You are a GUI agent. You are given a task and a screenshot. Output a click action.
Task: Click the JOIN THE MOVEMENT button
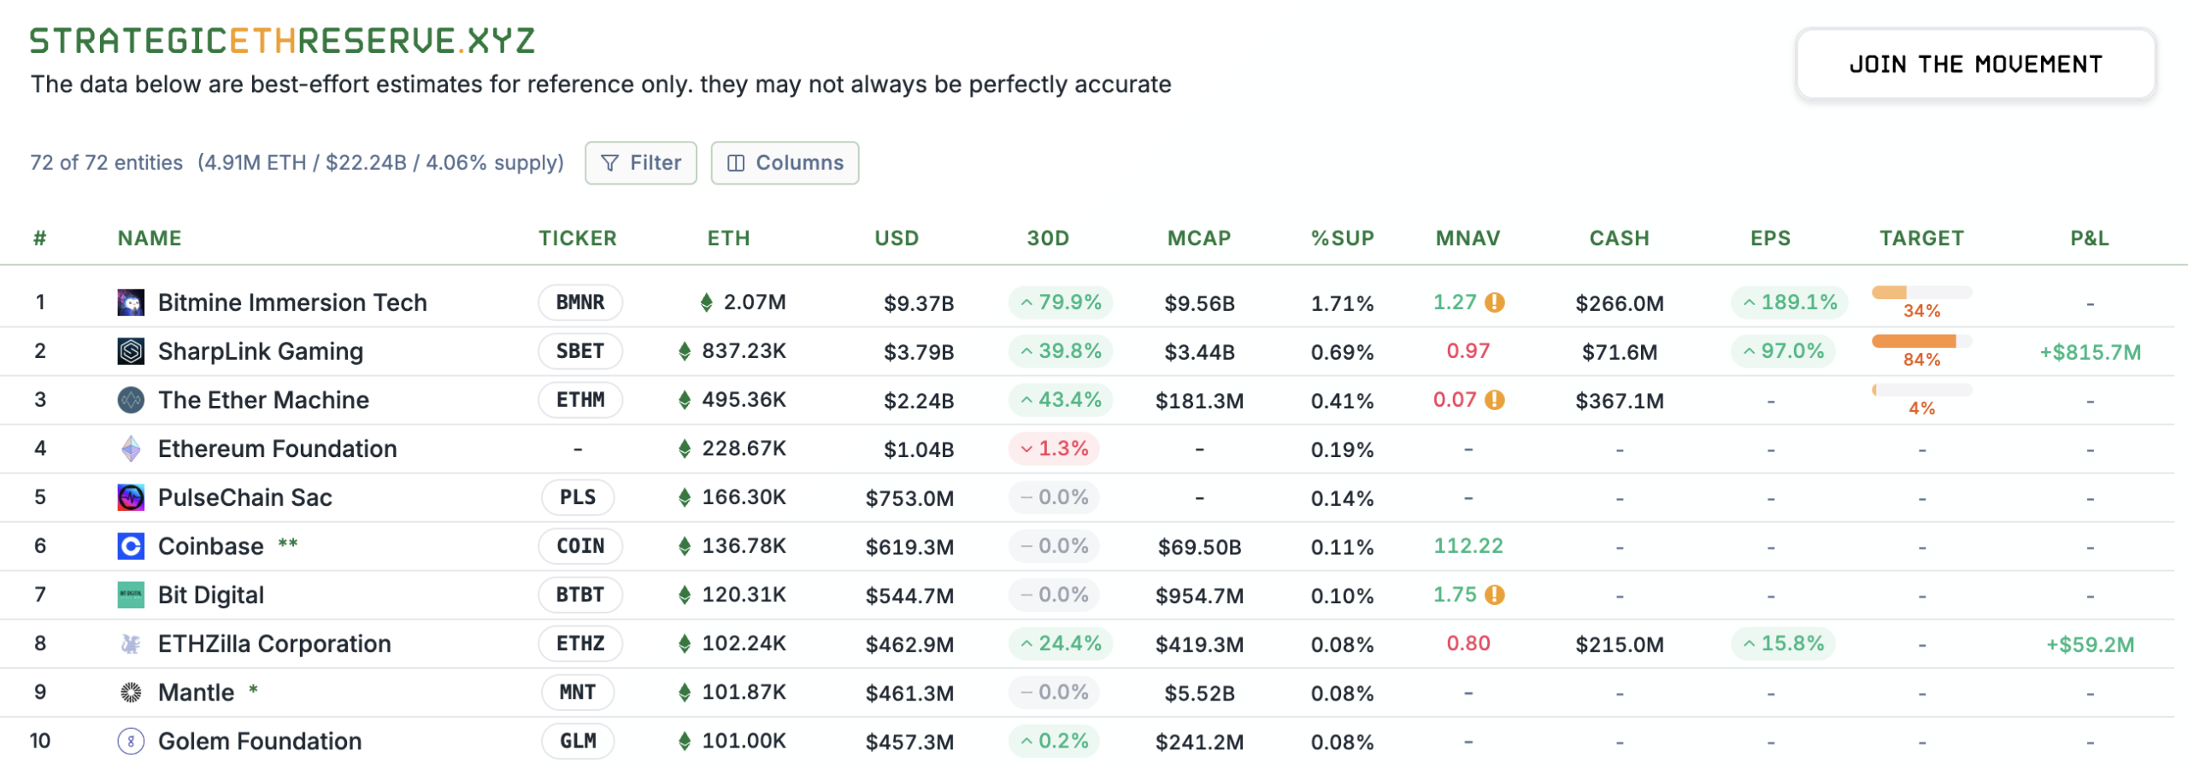pyautogui.click(x=1974, y=64)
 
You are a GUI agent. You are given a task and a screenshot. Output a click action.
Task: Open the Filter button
pyautogui.click(x=641, y=162)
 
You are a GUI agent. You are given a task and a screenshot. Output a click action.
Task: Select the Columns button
pyautogui.click(x=785, y=162)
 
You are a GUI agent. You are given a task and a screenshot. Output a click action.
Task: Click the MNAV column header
pyautogui.click(x=1467, y=238)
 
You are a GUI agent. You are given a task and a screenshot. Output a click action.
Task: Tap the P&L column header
pyautogui.click(x=2089, y=238)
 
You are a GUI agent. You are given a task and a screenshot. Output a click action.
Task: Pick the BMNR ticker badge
pyautogui.click(x=579, y=302)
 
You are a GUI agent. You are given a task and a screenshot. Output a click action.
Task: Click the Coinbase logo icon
pyautogui.click(x=131, y=546)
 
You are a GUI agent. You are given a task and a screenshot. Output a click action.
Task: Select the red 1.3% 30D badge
pyautogui.click(x=1054, y=449)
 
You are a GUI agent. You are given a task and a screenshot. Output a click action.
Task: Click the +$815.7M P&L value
pyautogui.click(x=2090, y=352)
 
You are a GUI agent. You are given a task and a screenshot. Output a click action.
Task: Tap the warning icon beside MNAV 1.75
pyautogui.click(x=1494, y=595)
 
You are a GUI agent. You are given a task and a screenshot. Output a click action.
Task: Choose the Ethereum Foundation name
pyautogui.click(x=277, y=449)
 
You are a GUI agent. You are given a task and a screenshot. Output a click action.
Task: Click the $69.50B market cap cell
pyautogui.click(x=1199, y=547)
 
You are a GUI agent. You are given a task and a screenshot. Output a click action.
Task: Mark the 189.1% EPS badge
pyautogui.click(x=1789, y=302)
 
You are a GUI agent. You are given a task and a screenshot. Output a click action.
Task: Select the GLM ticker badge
pyautogui.click(x=578, y=741)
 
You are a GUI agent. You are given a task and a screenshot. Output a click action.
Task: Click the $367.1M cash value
pyautogui.click(x=1619, y=401)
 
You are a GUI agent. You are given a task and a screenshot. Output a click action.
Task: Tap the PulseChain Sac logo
pyautogui.click(x=131, y=497)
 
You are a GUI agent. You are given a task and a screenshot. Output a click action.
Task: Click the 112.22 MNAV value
pyautogui.click(x=1467, y=546)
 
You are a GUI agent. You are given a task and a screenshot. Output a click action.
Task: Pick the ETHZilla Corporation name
pyautogui.click(x=274, y=643)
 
